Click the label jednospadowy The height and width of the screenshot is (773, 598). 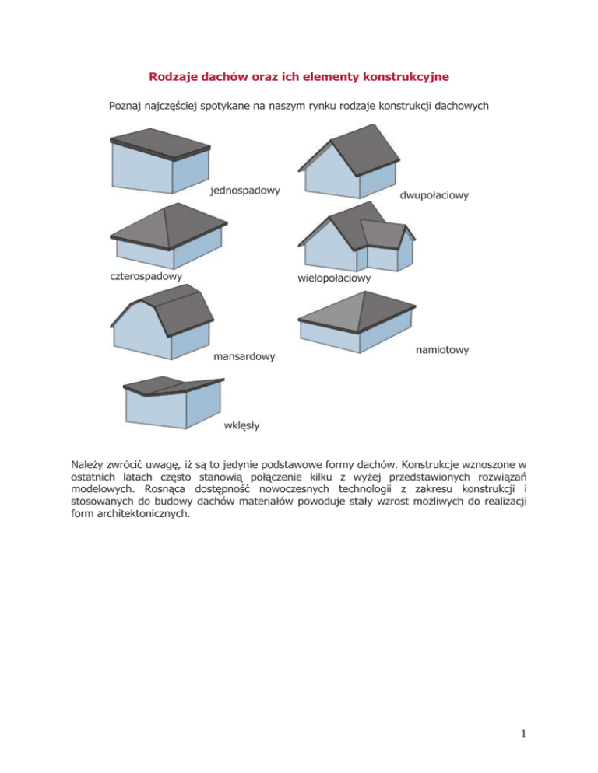tap(245, 190)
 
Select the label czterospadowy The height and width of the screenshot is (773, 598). tap(146, 275)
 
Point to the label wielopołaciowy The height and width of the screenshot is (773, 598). tap(334, 277)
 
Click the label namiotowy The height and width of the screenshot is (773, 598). tap(442, 351)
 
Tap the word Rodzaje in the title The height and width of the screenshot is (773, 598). tap(172, 77)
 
